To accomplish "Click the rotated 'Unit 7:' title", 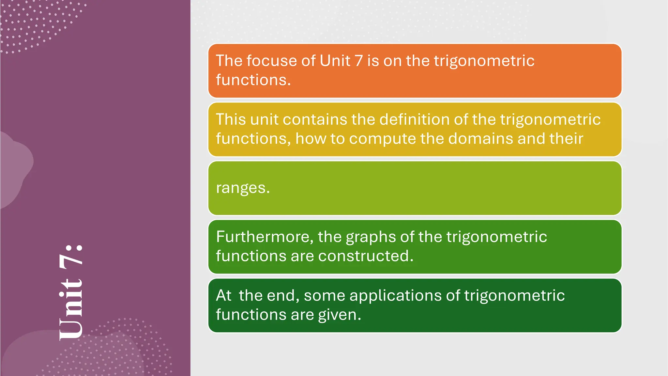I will [x=71, y=292].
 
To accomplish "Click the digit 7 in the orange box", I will [x=358, y=61].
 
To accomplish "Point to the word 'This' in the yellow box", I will [x=231, y=119].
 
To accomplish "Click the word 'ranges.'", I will [x=243, y=188].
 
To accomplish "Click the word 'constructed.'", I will [x=366, y=256].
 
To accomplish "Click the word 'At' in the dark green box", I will [x=223, y=295].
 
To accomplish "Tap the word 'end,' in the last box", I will [x=283, y=296].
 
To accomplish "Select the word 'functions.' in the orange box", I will [x=253, y=80].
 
